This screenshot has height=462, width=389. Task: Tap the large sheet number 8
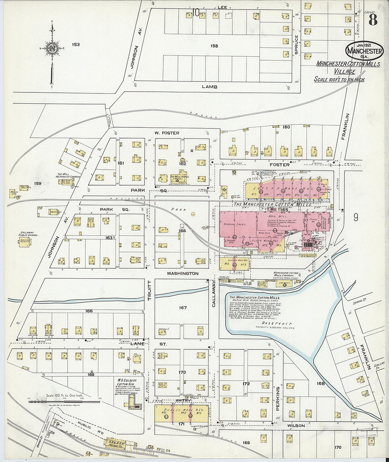pyautogui.click(x=372, y=20)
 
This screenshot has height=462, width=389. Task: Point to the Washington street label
pyautogui.click(x=182, y=273)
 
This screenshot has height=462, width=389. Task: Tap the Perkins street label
pyautogui.click(x=278, y=398)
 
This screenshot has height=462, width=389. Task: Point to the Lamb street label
pyautogui.click(x=209, y=87)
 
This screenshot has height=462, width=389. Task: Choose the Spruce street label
pyautogui.click(x=296, y=45)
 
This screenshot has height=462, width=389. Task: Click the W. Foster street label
pyautogui.click(x=167, y=133)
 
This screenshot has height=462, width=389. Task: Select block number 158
pyautogui.click(x=214, y=46)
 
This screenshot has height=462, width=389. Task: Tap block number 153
pyautogui.click(x=76, y=45)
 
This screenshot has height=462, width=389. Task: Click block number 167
pyautogui.click(x=182, y=308)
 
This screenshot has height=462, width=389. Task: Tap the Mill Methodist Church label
pyautogui.click(x=69, y=176)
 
